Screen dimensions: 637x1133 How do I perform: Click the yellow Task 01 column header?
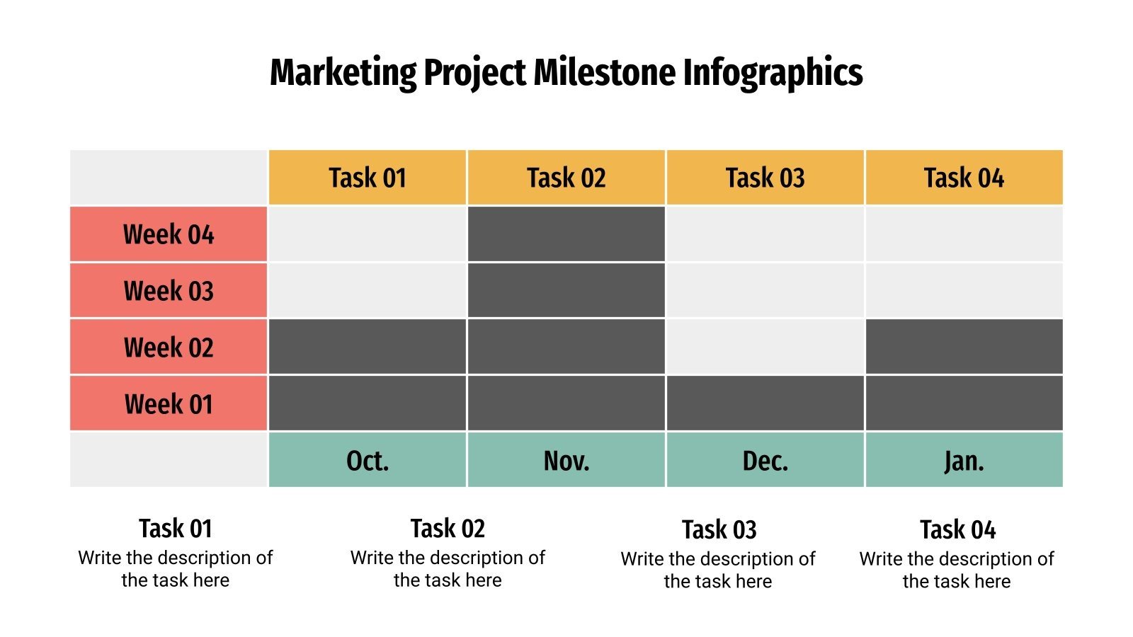click(x=368, y=178)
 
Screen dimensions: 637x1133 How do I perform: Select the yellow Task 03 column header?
click(x=765, y=178)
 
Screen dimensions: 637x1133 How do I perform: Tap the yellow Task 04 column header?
click(x=964, y=178)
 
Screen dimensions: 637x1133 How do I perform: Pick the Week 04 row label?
click(x=169, y=234)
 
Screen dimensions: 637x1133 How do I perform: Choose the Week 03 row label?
click(x=169, y=291)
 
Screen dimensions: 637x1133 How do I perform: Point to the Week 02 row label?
click(x=169, y=348)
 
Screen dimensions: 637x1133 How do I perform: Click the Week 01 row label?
click(x=169, y=404)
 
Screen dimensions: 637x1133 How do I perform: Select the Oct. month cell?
click(x=368, y=461)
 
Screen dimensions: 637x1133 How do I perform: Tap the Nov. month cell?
click(x=566, y=461)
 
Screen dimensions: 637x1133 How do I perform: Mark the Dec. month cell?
click(x=765, y=461)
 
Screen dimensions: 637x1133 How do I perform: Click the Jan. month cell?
click(x=964, y=461)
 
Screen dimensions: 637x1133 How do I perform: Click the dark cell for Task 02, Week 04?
click(x=566, y=234)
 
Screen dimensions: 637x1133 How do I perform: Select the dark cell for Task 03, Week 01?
click(x=765, y=403)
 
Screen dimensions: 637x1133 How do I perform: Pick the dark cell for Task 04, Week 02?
click(x=964, y=347)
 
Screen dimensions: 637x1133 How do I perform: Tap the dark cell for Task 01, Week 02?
click(x=368, y=347)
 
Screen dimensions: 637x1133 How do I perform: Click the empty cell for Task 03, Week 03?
click(x=765, y=291)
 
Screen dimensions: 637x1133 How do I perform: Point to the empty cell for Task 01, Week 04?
click(x=368, y=234)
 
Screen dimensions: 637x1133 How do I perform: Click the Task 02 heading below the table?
click(x=448, y=529)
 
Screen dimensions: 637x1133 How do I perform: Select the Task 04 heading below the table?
click(x=957, y=529)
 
